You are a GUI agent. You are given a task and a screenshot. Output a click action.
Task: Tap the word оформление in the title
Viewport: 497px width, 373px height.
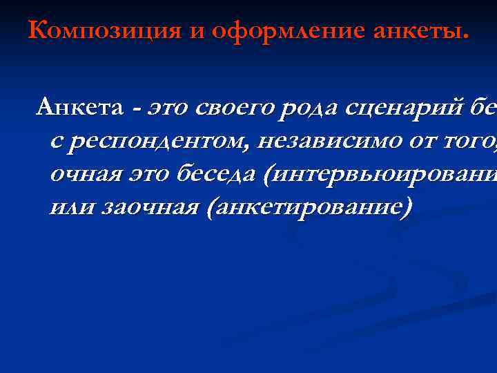pyautogui.click(x=260, y=31)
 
